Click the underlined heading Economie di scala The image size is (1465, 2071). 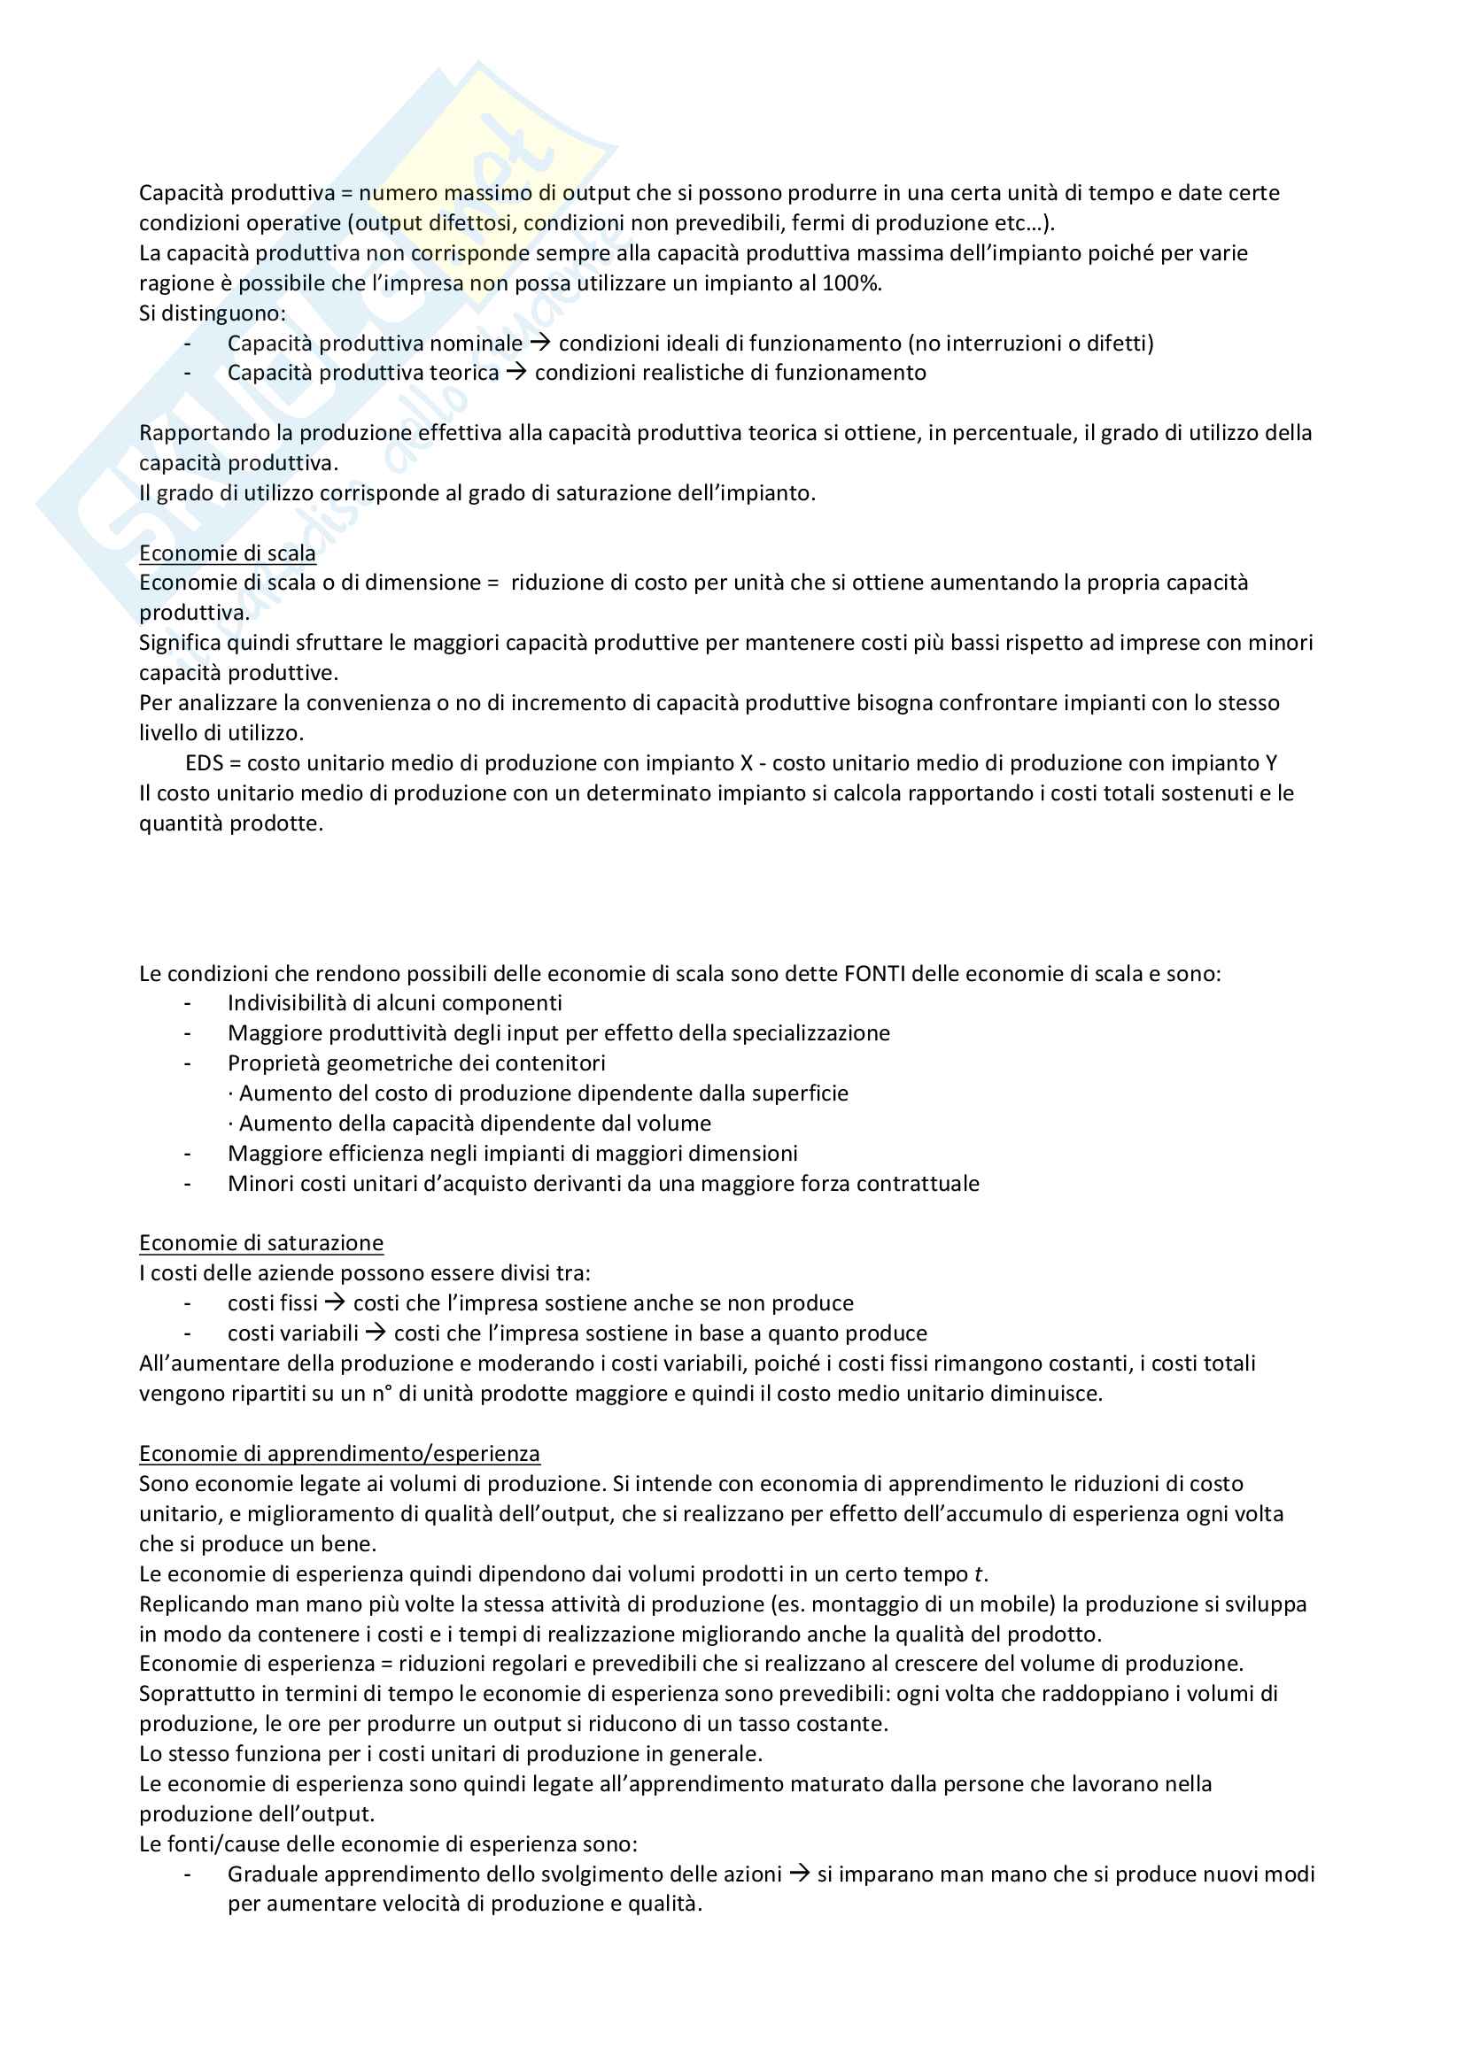(228, 553)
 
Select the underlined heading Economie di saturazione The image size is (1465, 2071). (260, 1243)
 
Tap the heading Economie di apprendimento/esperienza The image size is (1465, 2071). (339, 1453)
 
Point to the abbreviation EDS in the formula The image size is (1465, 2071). (204, 763)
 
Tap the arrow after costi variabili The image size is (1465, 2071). (376, 1333)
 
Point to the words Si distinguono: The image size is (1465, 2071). (212, 313)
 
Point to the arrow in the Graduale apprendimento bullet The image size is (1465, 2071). (798, 1874)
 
